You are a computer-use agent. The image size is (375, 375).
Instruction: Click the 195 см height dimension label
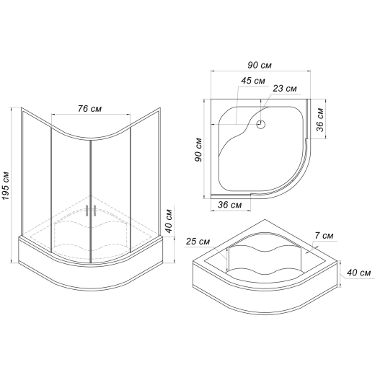click(x=6, y=185)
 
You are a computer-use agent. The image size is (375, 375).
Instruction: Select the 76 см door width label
click(x=89, y=109)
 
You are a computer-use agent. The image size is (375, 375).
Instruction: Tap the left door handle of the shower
click(x=87, y=211)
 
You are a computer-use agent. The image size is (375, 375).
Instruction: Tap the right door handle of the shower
click(x=94, y=211)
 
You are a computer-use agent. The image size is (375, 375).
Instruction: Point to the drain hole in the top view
click(x=260, y=124)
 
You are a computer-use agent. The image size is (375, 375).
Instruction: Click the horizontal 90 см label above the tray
click(x=260, y=65)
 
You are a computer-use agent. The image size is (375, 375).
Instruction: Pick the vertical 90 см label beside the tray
click(x=198, y=150)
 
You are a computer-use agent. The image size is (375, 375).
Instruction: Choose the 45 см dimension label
click(x=253, y=81)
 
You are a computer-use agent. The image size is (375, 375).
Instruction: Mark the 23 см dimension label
click(x=285, y=89)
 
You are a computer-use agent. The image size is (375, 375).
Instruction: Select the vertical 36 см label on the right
click(x=320, y=120)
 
